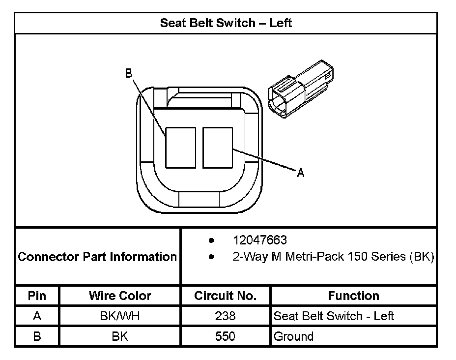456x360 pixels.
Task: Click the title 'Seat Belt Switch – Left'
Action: coord(226,23)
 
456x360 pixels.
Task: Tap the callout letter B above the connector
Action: coord(129,73)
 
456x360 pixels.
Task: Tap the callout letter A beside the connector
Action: coord(300,173)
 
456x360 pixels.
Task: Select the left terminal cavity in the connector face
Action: coord(181,148)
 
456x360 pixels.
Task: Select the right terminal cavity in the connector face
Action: coord(218,148)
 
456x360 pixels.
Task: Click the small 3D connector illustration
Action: coord(301,89)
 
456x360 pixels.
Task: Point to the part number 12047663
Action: coord(260,240)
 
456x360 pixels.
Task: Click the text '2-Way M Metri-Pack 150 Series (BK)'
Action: coord(333,257)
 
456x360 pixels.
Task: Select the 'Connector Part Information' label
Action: coord(97,257)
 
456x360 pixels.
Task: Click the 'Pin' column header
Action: coord(37,296)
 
